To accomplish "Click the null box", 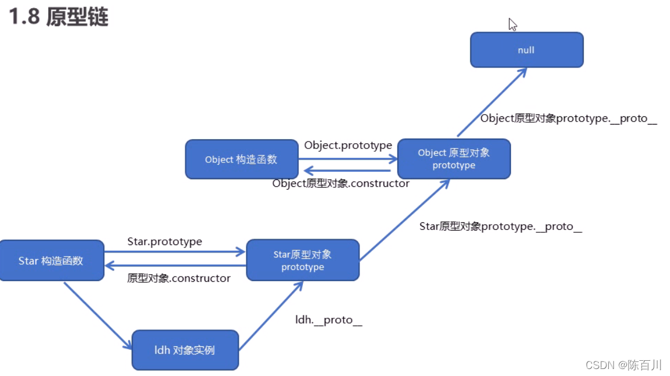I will pos(527,50).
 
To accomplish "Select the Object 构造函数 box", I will pos(241,159).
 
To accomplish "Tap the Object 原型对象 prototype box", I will pos(454,159).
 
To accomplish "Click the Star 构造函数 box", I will pos(51,261).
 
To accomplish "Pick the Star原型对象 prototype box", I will pos(302,261).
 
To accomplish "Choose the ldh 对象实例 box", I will pos(185,350).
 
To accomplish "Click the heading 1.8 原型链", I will pos(58,17).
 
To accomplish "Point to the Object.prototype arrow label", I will pos(348,146).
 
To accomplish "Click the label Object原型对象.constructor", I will pos(341,183).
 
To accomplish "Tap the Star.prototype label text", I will pos(164,242).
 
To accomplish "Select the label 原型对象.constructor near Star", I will pos(179,278).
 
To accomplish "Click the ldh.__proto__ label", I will pos(329,320).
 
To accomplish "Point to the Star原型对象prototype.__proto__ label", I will pos(500,226).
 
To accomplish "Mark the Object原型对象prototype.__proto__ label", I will pos(569,119).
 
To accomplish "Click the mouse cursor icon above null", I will pos(512,24).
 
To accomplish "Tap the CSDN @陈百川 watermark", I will pos(623,365).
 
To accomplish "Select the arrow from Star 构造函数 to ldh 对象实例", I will pos(97,315).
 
